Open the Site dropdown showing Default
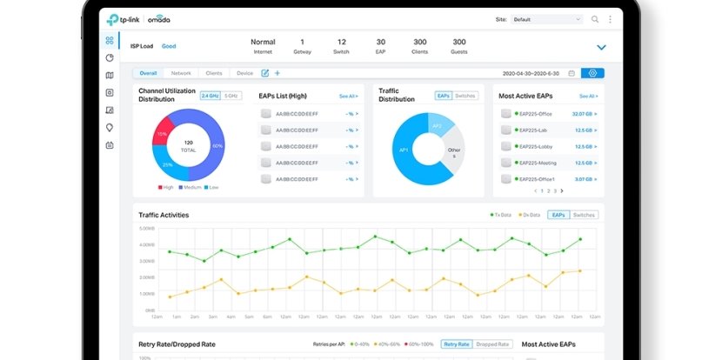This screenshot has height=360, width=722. [x=547, y=18]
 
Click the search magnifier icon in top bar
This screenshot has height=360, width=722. [x=595, y=18]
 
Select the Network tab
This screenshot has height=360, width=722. [x=181, y=73]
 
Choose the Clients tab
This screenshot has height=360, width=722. [x=213, y=73]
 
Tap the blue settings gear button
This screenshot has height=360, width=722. [x=593, y=73]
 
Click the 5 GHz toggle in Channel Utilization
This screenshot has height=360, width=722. [x=231, y=95]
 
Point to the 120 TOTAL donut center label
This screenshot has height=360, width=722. [x=188, y=144]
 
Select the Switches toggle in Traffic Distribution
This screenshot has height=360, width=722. [x=465, y=95]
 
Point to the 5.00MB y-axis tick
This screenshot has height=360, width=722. [x=146, y=229]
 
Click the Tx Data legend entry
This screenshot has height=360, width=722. [x=502, y=214]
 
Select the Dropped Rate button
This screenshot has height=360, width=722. [x=492, y=344]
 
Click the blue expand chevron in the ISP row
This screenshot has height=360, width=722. [x=601, y=47]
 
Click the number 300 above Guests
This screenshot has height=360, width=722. [x=458, y=42]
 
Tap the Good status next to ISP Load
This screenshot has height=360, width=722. [x=169, y=46]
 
